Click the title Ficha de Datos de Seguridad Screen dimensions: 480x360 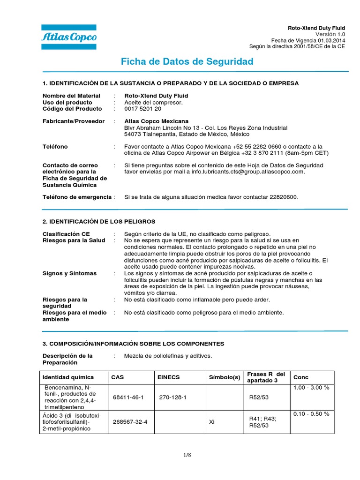pos(187,61)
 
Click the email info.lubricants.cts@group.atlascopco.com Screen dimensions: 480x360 pos(247,172)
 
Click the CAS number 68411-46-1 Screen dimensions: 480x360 pos(128,397)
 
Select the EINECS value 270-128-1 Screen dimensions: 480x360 pos(173,397)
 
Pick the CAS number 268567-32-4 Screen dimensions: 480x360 pos(130,422)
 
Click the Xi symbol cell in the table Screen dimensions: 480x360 pos(212,422)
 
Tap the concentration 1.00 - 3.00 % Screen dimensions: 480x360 pos(311,388)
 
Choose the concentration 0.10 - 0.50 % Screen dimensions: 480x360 pos(311,414)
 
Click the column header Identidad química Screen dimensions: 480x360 pos(68,377)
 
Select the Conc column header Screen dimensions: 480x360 pos(300,377)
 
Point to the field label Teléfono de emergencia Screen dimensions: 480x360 pos(77,197)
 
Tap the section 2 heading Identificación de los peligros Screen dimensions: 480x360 pos(99,221)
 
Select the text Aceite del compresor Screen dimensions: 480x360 pos(153,102)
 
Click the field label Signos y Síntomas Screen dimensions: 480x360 pos(69,273)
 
